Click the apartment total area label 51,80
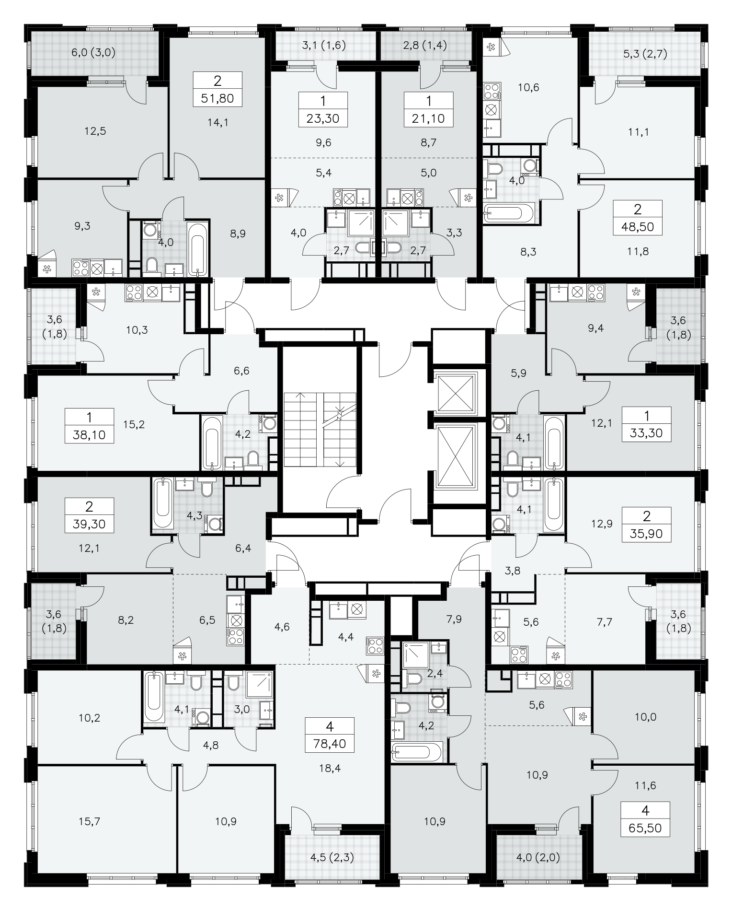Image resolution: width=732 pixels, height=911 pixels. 217,99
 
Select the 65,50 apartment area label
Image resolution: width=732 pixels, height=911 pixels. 645,828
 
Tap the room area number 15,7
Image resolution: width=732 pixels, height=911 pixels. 90,821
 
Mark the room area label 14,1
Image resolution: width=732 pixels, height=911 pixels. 218,122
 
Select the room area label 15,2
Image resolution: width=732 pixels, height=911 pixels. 134,424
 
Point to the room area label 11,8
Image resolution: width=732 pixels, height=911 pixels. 638,251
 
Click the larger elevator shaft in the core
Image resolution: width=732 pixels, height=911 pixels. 457,456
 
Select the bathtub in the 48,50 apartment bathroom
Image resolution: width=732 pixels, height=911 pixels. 509,212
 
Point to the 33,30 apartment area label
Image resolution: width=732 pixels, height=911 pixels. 646,433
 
